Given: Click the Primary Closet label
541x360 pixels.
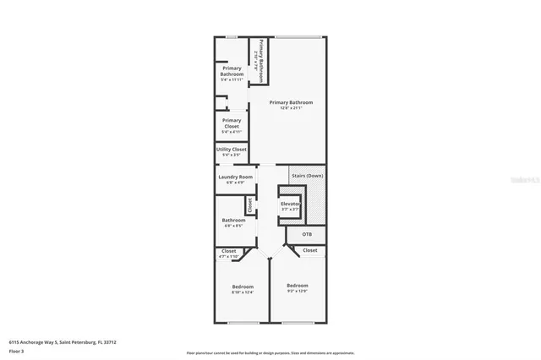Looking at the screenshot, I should [231, 123].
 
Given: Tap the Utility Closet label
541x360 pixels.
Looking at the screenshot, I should [231, 150].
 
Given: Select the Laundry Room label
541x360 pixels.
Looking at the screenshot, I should [235, 177].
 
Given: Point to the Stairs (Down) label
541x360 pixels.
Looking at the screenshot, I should [307, 175].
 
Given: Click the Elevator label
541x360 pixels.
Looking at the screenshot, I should [290, 204].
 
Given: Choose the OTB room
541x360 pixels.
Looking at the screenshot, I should [307, 233].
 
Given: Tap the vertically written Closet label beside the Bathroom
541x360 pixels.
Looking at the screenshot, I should [250, 205].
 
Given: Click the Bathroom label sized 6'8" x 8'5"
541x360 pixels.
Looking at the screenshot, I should [233, 221].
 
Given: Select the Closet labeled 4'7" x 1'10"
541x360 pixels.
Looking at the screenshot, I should [228, 251].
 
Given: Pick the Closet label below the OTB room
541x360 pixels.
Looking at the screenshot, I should [309, 250].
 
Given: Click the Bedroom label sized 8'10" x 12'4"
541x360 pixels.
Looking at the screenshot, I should [243, 287].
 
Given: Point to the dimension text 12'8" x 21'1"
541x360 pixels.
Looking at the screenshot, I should [285, 107].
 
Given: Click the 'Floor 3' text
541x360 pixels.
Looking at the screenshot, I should [17, 351].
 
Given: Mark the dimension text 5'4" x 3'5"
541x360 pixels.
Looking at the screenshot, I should [231, 155].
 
